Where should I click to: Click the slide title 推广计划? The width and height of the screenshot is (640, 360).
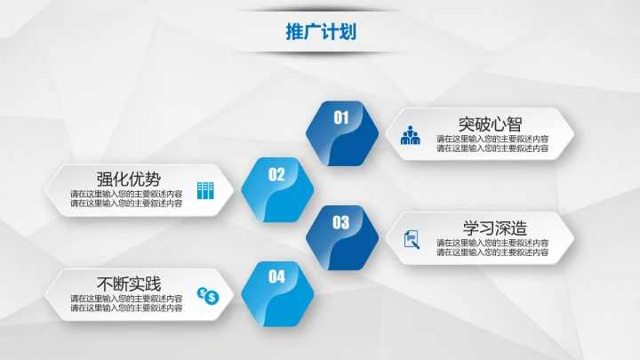click(320, 32)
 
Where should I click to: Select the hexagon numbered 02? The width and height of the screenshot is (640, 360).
click(277, 188)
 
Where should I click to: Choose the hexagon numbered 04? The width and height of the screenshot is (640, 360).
click(277, 292)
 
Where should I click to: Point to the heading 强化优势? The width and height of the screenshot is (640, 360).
click(128, 178)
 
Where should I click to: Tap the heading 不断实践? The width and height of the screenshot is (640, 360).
click(128, 284)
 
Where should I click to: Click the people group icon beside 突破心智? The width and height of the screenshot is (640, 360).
click(411, 136)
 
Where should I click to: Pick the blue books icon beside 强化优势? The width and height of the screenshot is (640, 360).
click(205, 189)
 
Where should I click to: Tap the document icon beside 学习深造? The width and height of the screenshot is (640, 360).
click(412, 239)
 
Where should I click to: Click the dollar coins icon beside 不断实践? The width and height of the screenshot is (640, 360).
click(207, 295)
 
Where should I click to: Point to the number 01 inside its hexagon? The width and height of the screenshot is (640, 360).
click(341, 116)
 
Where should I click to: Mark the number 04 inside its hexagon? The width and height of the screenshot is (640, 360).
click(276, 276)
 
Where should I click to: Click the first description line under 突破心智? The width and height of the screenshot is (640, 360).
click(492, 140)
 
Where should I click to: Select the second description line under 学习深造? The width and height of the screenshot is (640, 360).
click(492, 252)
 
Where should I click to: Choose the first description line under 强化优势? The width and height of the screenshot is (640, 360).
click(126, 194)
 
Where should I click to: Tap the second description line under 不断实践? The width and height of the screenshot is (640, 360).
click(126, 308)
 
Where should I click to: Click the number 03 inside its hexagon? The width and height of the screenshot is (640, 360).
click(341, 222)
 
